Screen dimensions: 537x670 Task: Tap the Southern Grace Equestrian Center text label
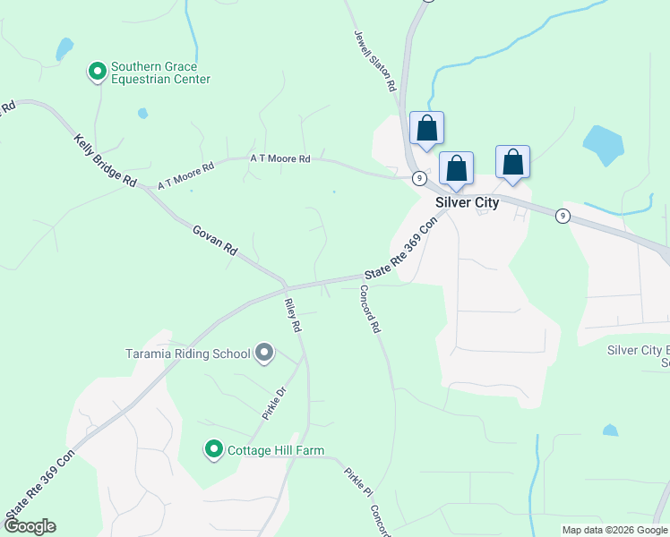160,73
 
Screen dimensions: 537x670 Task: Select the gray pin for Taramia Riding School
263,353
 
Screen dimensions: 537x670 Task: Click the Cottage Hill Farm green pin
213,449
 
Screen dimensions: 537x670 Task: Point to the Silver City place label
467,202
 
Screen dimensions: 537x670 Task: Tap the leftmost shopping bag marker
426,128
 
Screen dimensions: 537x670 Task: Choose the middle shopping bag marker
456,168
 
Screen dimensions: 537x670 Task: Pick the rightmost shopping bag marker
512,162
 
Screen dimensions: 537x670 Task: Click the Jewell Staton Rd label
373,61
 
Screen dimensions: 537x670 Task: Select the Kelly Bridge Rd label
105,161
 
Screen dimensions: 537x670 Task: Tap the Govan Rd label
214,240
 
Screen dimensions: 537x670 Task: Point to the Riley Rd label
291,315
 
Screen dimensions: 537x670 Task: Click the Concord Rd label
369,310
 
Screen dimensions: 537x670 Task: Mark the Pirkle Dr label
272,403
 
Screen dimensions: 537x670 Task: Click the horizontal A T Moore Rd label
279,158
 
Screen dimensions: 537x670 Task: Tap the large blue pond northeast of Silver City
603,145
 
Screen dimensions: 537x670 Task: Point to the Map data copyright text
614,530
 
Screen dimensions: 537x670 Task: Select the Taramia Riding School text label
187,354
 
